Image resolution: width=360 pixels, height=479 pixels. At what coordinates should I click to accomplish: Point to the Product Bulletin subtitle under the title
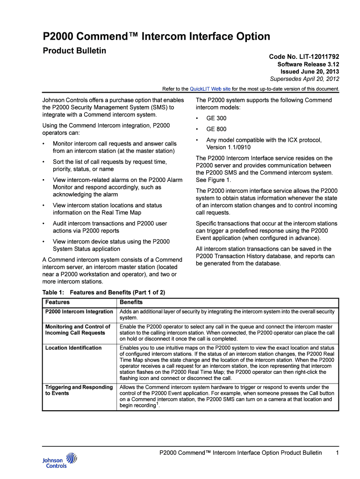tap(75, 51)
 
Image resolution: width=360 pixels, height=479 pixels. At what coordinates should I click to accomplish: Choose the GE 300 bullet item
tap(216, 118)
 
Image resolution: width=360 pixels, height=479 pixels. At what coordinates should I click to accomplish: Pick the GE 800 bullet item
tap(216, 129)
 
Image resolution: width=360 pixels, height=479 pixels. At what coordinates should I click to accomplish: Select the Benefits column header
tap(131, 302)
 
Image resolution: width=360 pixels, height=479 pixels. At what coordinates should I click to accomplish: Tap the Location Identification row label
tap(73, 348)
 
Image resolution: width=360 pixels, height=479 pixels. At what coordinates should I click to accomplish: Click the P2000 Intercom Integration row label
tap(79, 312)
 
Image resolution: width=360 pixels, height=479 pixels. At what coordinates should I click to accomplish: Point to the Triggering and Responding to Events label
tap(79, 390)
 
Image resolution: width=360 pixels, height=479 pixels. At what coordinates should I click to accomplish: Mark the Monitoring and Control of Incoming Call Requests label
tap(78, 329)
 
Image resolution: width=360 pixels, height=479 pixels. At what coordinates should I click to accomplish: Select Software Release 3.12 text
tap(308, 64)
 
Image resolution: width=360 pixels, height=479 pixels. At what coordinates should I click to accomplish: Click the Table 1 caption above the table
tap(104, 292)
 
